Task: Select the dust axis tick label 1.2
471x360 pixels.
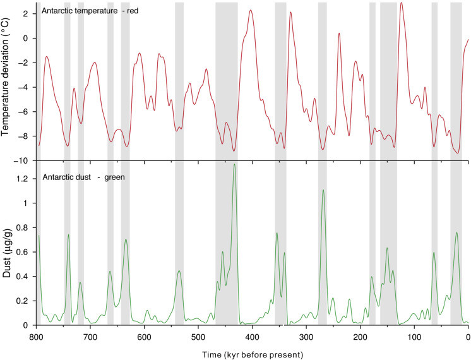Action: [24, 179]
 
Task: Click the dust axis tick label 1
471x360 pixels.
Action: [28, 203]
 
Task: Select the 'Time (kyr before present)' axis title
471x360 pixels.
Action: [252, 353]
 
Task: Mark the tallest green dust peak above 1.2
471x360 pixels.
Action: [235, 165]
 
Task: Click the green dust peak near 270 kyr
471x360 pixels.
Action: [323, 190]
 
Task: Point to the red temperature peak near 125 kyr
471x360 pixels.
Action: [401, 3]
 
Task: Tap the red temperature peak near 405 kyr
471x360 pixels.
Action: [251, 11]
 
